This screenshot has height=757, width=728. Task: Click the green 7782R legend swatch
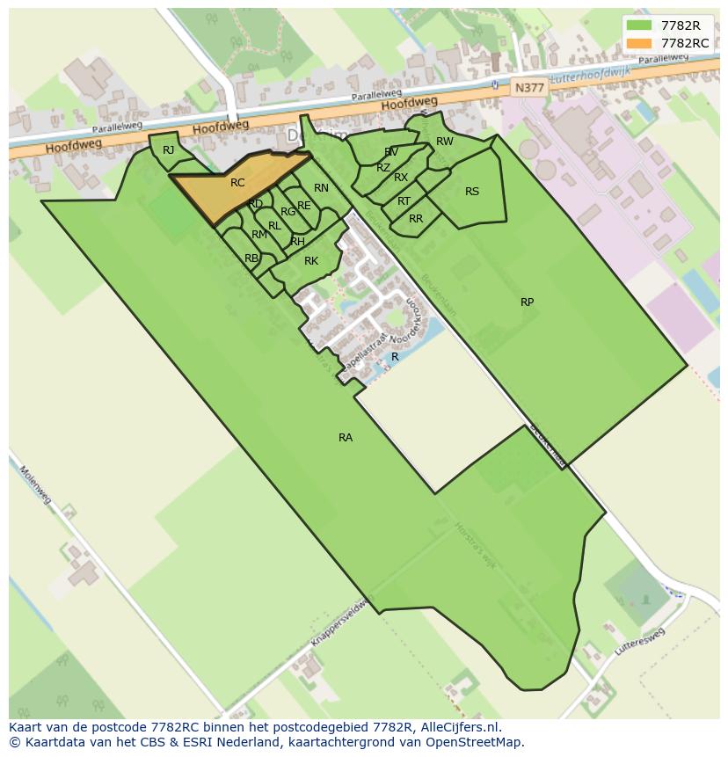click(639, 25)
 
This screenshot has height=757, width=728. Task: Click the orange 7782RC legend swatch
click(639, 43)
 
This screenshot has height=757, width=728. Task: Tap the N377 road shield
click(529, 87)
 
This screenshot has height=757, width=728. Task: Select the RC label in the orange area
click(237, 183)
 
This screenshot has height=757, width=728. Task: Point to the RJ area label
click(169, 150)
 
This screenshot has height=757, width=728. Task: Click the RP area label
click(527, 302)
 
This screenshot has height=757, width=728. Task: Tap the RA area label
click(346, 437)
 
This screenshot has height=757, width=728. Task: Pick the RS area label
click(472, 192)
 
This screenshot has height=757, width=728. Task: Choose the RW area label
click(445, 142)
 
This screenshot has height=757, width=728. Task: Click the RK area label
click(311, 261)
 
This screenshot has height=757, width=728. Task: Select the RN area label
click(321, 188)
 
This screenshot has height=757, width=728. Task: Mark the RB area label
click(251, 258)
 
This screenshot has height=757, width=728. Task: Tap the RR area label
click(416, 219)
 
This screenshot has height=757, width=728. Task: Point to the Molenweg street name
click(36, 484)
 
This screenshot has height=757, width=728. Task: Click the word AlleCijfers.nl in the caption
click(458, 727)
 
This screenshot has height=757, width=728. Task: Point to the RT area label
click(404, 201)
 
